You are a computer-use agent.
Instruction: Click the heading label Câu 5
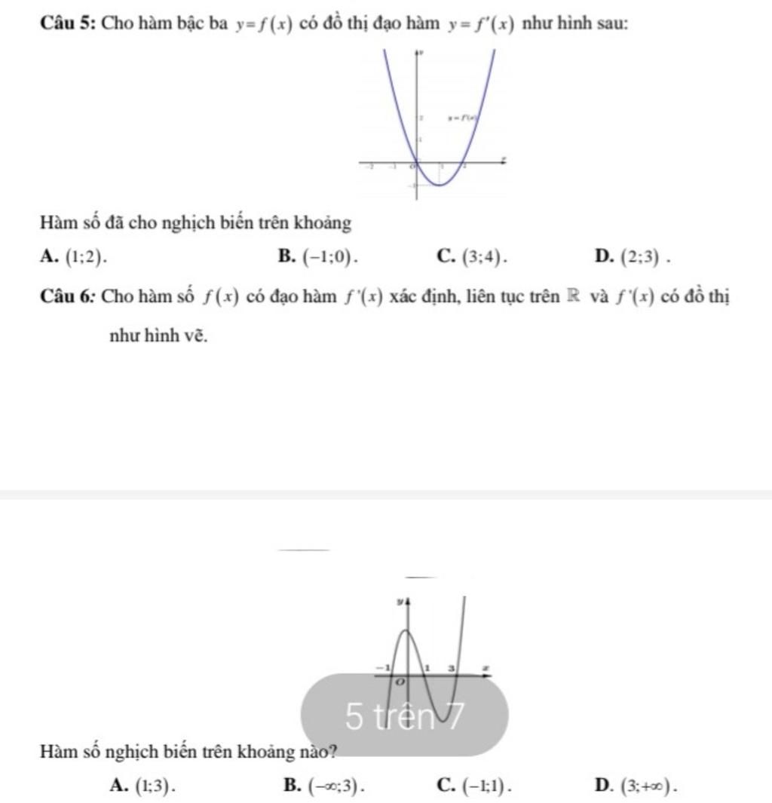(66, 23)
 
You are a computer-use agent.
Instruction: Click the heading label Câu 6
(66, 296)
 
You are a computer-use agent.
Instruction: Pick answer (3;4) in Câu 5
(482, 257)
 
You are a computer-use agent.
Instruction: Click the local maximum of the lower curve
(407, 630)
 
